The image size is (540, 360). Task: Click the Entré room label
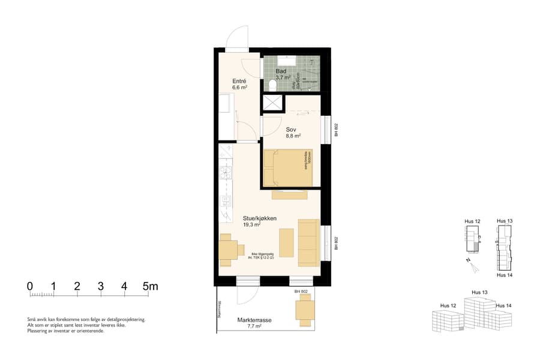click(239, 81)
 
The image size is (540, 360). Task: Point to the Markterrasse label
click(254, 320)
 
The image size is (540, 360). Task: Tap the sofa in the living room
click(308, 242)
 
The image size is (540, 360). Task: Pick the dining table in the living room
click(228, 250)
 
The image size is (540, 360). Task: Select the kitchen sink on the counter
click(226, 174)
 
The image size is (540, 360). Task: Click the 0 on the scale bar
click(30, 286)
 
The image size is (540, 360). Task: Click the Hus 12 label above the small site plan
click(473, 221)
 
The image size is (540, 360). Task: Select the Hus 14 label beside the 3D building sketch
click(504, 306)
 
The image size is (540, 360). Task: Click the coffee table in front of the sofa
click(287, 242)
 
